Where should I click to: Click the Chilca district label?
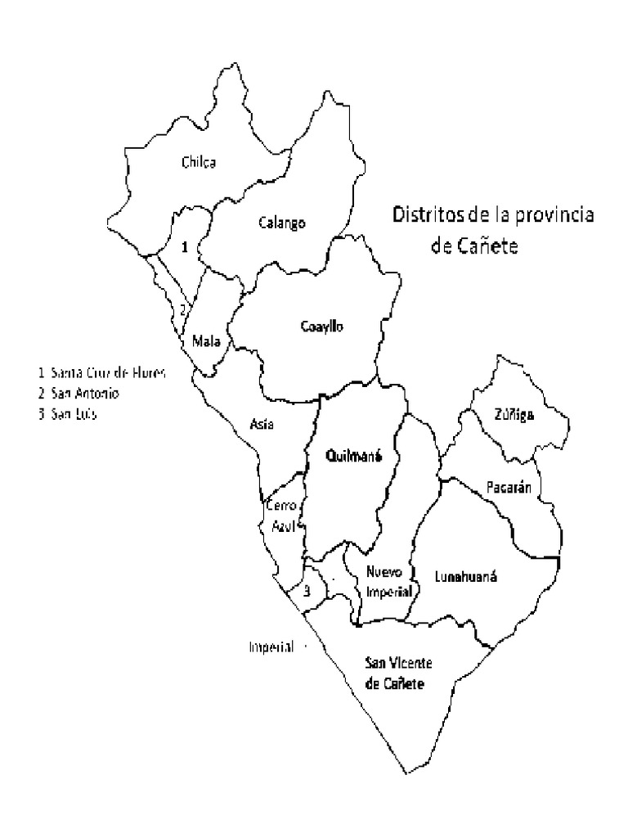click(198, 162)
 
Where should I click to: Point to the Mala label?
click(205, 340)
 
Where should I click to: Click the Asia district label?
click(262, 424)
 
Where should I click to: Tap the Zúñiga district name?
click(514, 415)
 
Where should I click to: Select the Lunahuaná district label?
click(466, 575)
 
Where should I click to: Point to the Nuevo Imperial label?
click(388, 581)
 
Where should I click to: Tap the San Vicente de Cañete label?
click(396, 674)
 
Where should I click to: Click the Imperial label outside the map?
click(271, 647)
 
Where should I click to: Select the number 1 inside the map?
click(185, 246)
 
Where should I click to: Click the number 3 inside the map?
click(307, 592)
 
